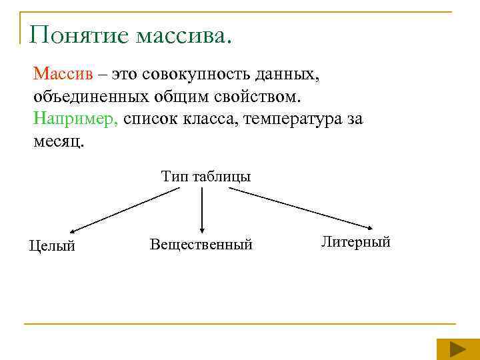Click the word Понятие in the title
(79, 35)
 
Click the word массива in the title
(183, 35)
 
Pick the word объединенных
(91, 97)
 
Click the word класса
(206, 120)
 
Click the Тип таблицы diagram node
(205, 177)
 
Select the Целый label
(52, 246)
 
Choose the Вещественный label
(201, 245)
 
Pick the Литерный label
(355, 241)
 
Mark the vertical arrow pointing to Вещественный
(202, 209)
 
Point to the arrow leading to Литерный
(303, 207)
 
